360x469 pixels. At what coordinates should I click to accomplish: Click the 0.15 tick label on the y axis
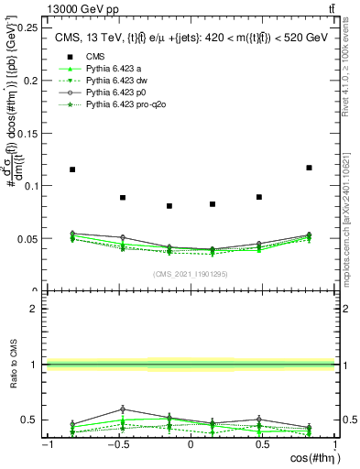31,133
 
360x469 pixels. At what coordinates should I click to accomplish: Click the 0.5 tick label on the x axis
263,444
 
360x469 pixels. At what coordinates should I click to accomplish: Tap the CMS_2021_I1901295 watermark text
191,274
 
